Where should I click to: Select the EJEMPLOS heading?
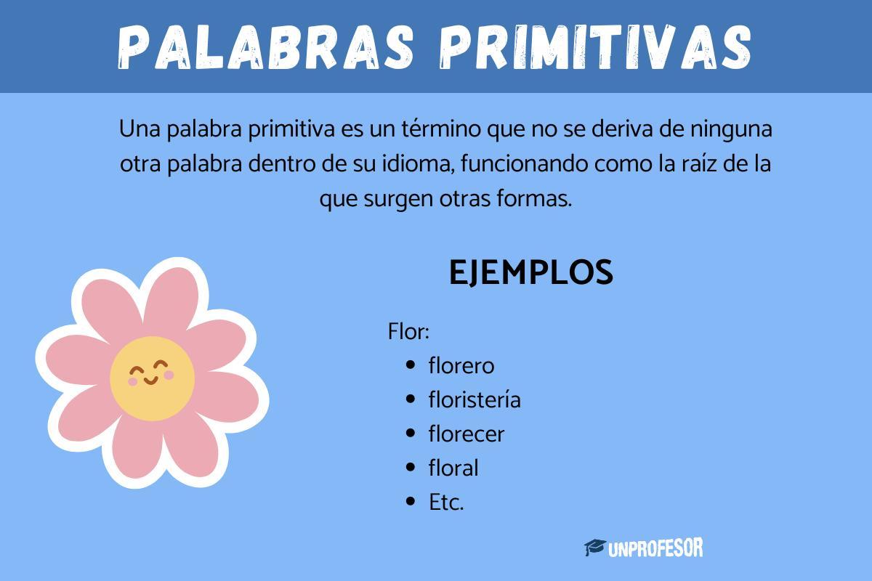click(x=531, y=272)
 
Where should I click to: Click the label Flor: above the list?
click(x=409, y=333)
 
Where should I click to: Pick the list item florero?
click(x=461, y=365)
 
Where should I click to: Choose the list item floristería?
click(x=475, y=399)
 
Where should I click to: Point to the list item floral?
click(x=453, y=468)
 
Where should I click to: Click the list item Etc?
click(x=446, y=502)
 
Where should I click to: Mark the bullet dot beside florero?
click(x=412, y=365)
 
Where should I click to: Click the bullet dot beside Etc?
click(x=412, y=502)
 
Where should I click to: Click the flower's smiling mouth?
click(x=150, y=380)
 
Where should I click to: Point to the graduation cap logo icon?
click(x=595, y=548)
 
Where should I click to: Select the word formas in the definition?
click(x=540, y=198)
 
